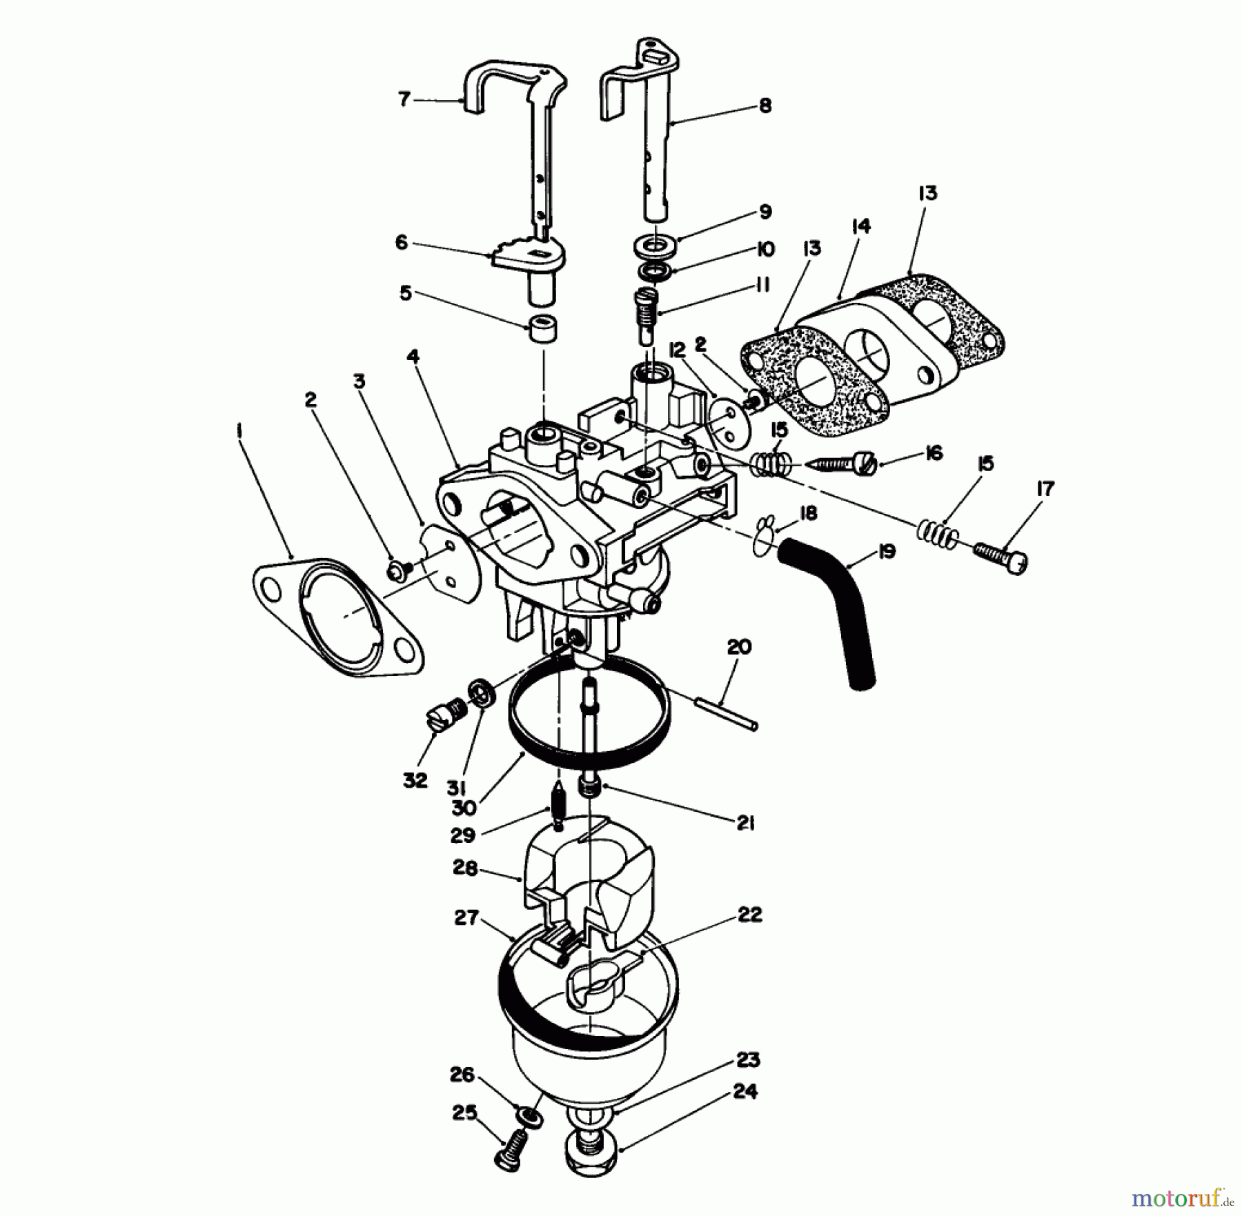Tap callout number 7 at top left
(x=404, y=99)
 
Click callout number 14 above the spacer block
(x=861, y=226)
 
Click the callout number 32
(x=415, y=781)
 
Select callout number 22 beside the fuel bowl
(x=750, y=915)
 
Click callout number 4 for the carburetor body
(x=413, y=357)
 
